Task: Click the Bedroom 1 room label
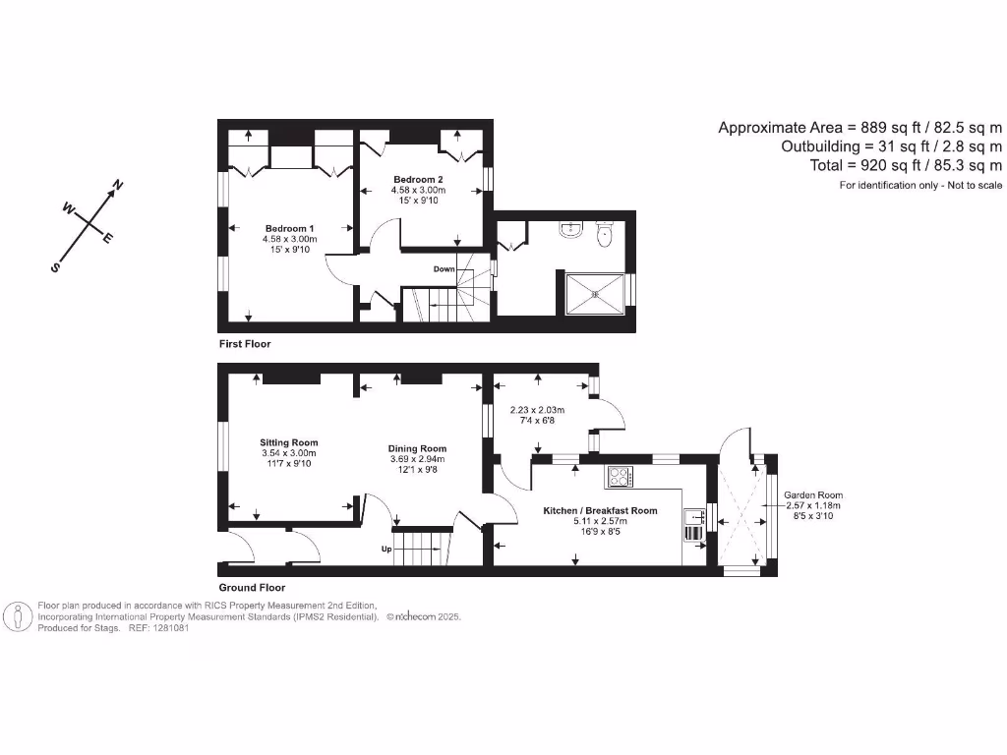289,228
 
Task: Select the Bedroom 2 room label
418,179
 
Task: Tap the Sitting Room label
289,442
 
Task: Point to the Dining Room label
417,448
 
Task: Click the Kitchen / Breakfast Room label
600,510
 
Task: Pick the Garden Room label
813,494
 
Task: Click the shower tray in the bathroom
594,293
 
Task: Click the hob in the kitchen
620,476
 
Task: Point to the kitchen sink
693,517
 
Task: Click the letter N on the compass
118,185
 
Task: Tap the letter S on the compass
56,266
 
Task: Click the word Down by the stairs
444,268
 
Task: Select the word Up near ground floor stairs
387,550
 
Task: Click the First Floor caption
245,344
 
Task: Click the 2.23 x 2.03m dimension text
538,411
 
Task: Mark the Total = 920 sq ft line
905,165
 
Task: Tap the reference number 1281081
168,627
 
